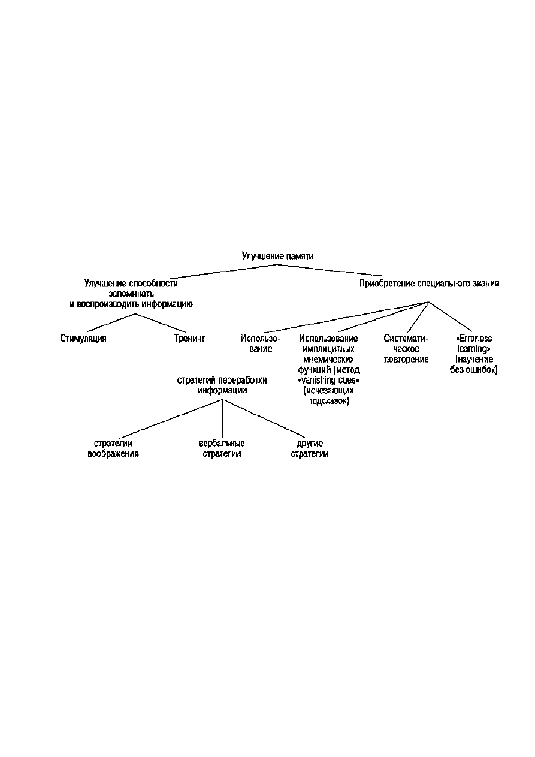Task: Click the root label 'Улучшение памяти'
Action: pyautogui.click(x=277, y=256)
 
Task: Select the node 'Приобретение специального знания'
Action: pyautogui.click(x=429, y=283)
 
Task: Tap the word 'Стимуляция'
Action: pyautogui.click(x=83, y=338)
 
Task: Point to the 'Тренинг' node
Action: pyautogui.click(x=189, y=338)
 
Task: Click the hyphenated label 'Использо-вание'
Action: pyautogui.click(x=261, y=343)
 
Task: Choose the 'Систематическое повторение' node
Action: pyautogui.click(x=406, y=348)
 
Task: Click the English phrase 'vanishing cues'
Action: pyautogui.click(x=328, y=380)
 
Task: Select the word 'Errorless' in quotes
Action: pyautogui.click(x=475, y=338)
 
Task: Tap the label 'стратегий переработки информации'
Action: pyautogui.click(x=222, y=385)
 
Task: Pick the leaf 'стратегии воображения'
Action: pyautogui.click(x=113, y=448)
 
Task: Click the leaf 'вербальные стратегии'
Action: pyautogui.click(x=222, y=448)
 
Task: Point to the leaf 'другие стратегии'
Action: pyautogui.click(x=310, y=448)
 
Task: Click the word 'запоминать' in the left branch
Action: pyautogui.click(x=131, y=294)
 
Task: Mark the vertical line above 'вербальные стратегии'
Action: pyautogui.click(x=222, y=418)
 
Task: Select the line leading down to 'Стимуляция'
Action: pyautogui.click(x=111, y=322)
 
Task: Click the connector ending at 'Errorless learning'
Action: pyautogui.click(x=450, y=316)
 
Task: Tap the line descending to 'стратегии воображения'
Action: pyautogui.click(x=171, y=419)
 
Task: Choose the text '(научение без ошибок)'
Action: pyautogui.click(x=473, y=364)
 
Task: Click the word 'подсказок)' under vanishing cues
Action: pyautogui.click(x=328, y=401)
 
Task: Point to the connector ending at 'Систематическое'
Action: pyautogui.click(x=418, y=317)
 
